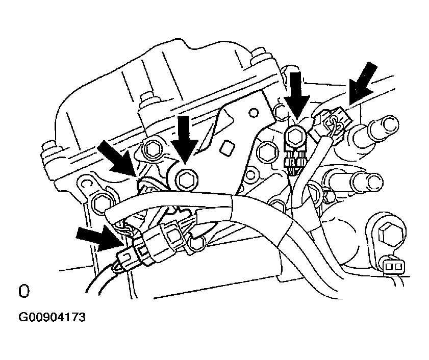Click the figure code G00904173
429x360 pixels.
tap(52, 318)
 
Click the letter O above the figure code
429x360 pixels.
tap(23, 291)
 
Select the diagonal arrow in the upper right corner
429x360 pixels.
tap(363, 83)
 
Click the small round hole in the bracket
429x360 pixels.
tap(254, 112)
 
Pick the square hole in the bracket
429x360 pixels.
tap(228, 148)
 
